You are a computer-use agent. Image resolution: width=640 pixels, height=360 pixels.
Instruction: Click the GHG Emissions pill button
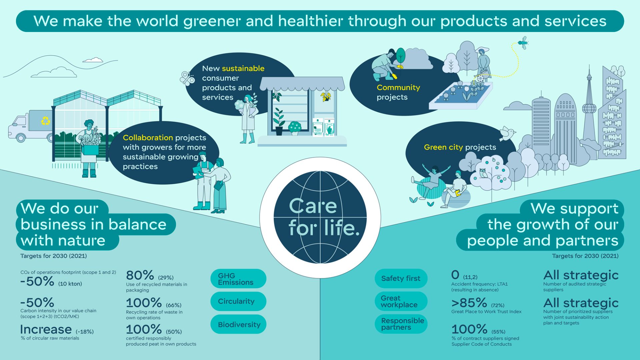[238, 279]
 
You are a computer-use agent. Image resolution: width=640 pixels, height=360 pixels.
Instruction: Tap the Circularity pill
[238, 301]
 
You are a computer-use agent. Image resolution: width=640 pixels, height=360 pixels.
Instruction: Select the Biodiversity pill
[238, 324]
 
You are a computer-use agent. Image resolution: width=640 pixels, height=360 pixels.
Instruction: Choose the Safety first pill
[401, 278]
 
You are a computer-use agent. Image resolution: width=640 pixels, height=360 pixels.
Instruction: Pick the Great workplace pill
[401, 301]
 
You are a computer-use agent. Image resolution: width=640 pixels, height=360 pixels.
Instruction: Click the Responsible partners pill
[401, 324]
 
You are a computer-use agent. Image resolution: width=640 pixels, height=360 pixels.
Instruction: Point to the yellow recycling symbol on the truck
[45, 121]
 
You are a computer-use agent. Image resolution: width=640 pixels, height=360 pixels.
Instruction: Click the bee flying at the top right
[523, 42]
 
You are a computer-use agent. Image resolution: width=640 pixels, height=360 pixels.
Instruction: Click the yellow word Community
[398, 87]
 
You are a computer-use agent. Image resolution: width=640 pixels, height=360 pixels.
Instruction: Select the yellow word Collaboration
[148, 138]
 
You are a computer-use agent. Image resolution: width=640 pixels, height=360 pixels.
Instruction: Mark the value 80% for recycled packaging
[140, 275]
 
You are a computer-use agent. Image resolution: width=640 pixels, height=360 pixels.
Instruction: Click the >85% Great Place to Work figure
[469, 303]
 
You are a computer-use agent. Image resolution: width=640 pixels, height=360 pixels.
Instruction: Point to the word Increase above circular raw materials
[46, 329]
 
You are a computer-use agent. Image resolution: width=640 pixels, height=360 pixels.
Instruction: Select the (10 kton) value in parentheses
[70, 284]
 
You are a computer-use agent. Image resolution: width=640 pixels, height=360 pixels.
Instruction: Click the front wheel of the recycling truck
[21, 137]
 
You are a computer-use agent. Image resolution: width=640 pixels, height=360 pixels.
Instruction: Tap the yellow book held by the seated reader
[458, 193]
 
